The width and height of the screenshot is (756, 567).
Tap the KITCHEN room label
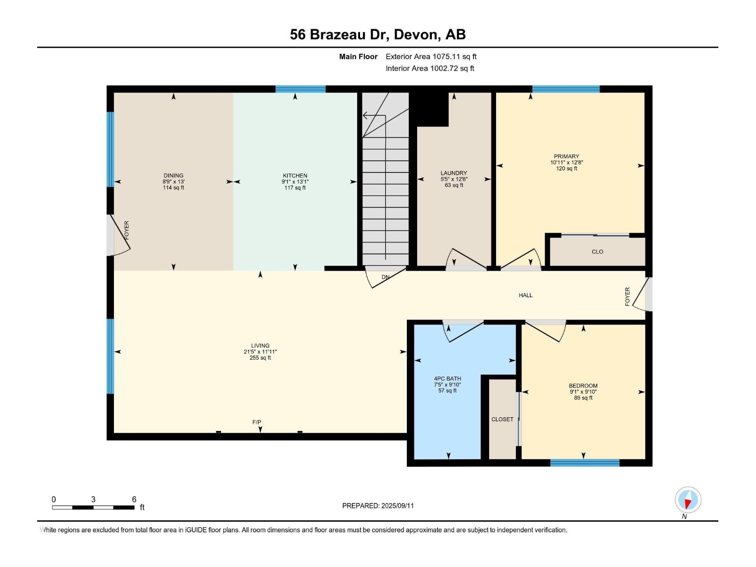coord(295,175)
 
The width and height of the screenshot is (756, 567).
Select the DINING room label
coord(173,175)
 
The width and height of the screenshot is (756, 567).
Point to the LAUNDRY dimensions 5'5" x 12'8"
coord(454,179)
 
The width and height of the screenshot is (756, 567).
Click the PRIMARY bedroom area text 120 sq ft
coord(567,169)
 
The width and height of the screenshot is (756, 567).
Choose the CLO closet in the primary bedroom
coord(597,252)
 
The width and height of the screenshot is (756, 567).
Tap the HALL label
coord(525,295)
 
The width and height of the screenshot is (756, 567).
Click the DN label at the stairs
coord(386,277)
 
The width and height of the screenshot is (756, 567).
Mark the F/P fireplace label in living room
coord(257,422)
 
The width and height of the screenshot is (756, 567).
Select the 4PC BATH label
coord(447,378)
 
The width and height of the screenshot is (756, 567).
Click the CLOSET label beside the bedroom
coord(502,419)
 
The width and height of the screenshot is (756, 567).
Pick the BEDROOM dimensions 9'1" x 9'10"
coord(583,392)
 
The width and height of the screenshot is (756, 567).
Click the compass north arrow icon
coord(688,500)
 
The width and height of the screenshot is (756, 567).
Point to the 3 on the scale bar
coord(94,499)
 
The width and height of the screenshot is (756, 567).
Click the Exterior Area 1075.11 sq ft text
coord(431,57)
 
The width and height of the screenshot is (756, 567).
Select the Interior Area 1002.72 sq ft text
coord(430,69)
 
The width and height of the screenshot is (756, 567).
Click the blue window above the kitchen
coord(301,89)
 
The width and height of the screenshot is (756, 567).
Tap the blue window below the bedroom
coord(584,463)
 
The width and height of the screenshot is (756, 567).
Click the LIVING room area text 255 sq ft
coord(260,358)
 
